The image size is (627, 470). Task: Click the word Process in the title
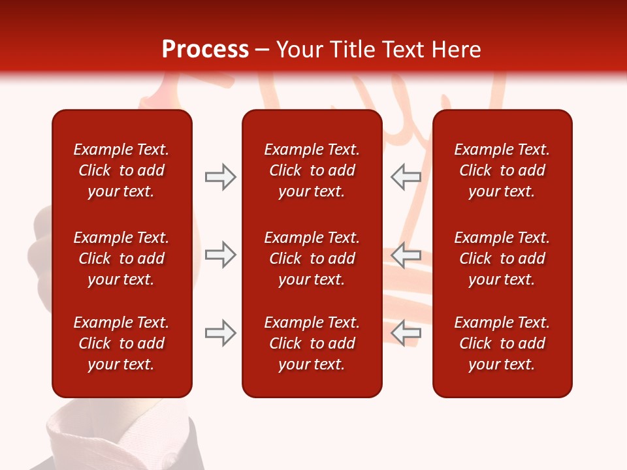point(205,50)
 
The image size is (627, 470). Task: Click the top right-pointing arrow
point(220,177)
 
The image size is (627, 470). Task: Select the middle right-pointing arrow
point(220,255)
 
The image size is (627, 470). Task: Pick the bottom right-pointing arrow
point(220,333)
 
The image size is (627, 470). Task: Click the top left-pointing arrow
point(406,177)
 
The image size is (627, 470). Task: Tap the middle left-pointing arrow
point(406,255)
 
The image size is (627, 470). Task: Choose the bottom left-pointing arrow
point(406,333)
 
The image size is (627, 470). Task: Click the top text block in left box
point(121,170)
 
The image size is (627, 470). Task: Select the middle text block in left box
point(121,258)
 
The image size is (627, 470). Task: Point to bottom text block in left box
point(121,343)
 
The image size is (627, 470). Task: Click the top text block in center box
point(312,170)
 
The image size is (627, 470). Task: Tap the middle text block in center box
point(312,258)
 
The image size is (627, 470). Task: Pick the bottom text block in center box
point(312,343)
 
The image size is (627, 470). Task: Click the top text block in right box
point(502,170)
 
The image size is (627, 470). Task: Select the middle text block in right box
point(502,258)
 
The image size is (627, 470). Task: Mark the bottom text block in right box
point(502,343)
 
